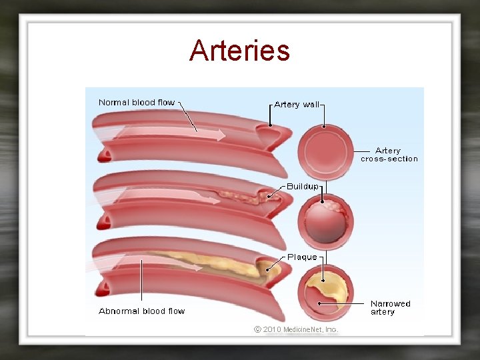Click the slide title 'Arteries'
(239, 51)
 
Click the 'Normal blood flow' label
(136, 103)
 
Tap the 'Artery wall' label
(297, 105)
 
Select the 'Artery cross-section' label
(389, 155)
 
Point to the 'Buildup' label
(302, 187)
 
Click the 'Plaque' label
(302, 257)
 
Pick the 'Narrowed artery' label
(391, 307)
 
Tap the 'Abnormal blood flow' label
(141, 311)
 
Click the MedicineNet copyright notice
(296, 329)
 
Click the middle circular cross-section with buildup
(325, 223)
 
